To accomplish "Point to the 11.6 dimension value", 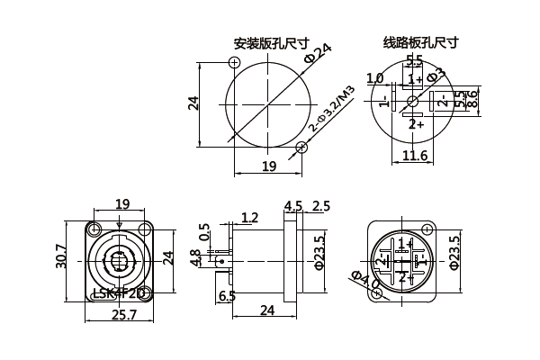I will point(414,157).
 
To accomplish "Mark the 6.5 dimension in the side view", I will point(227,295).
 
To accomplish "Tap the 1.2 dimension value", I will point(249,217).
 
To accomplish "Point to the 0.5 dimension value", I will point(205,232).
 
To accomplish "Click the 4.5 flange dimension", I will point(292,206).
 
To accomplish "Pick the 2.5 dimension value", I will point(320,206).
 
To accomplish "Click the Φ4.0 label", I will point(364,281).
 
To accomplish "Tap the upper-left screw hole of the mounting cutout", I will point(235,62).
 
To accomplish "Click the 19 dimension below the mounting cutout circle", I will point(268,166).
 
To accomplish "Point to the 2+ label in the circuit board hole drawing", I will point(416,124).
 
